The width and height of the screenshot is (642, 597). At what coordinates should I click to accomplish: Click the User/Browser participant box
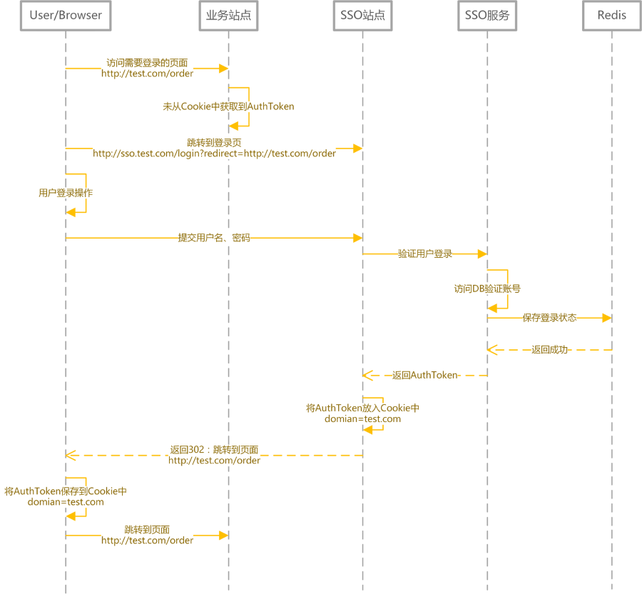(66, 16)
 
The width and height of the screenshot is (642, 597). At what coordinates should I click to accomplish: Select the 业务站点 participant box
(228, 16)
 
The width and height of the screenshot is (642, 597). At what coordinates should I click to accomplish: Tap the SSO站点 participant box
(363, 16)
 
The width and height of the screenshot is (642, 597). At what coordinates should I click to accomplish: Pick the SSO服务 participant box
(487, 16)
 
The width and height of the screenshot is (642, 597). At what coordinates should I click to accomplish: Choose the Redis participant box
(612, 16)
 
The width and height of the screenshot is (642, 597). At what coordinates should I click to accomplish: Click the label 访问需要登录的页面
(147, 63)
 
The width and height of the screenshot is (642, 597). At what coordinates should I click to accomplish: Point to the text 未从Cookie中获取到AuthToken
(228, 106)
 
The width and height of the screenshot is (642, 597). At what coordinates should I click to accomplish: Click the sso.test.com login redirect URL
(214, 154)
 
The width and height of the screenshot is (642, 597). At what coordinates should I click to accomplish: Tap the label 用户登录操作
(66, 193)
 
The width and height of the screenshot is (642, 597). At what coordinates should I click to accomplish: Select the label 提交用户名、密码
(214, 238)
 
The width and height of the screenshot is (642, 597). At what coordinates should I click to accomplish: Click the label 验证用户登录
(425, 254)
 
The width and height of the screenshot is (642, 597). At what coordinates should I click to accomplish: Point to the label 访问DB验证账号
(487, 289)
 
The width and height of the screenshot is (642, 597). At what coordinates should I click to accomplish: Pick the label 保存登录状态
(549, 318)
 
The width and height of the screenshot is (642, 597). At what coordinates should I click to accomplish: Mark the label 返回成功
(549, 350)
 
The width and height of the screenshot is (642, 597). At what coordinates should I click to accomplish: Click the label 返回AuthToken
(425, 375)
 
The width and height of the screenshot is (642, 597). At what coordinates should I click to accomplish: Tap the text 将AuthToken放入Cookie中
(363, 408)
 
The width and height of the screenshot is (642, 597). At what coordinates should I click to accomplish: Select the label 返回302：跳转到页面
(214, 450)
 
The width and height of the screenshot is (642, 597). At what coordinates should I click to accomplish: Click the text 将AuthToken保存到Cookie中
(66, 491)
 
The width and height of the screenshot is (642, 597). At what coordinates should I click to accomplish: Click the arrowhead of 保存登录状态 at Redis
(607, 318)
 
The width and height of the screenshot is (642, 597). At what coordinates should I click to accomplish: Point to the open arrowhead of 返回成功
(492, 350)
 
